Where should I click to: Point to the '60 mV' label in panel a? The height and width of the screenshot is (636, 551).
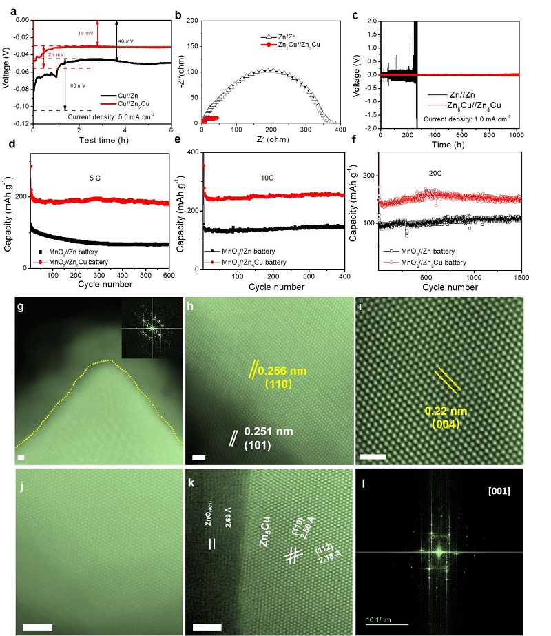(77, 85)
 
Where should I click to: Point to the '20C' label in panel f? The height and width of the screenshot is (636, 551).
(435, 175)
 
